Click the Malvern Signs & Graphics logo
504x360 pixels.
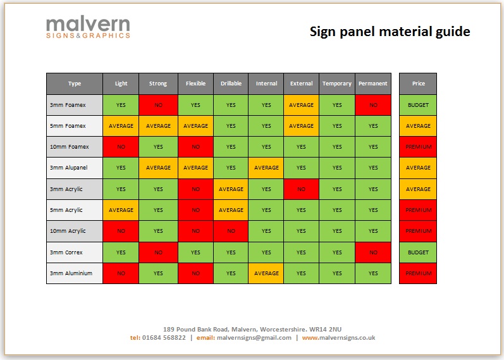pyautogui.click(x=88, y=28)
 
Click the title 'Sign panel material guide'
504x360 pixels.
pyautogui.click(x=390, y=31)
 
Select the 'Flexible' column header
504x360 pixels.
pyautogui.click(x=195, y=84)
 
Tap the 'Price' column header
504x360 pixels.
pyautogui.click(x=418, y=84)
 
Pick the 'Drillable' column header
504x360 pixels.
pyautogui.click(x=231, y=84)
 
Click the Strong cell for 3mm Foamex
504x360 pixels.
pyautogui.click(x=158, y=105)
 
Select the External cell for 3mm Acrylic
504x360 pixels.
pyautogui.click(x=301, y=189)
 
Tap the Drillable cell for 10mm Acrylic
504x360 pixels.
pyautogui.click(x=231, y=231)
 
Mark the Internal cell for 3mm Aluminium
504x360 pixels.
pyautogui.click(x=266, y=273)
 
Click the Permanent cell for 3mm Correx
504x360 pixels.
pyautogui.click(x=373, y=252)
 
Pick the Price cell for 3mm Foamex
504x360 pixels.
pyautogui.click(x=418, y=105)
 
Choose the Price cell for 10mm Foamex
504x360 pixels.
pyautogui.click(x=418, y=147)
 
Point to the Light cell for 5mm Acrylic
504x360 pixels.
pyautogui.click(x=121, y=210)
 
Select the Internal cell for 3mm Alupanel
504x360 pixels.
pyautogui.click(x=266, y=168)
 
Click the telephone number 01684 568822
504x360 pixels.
pyautogui.click(x=164, y=338)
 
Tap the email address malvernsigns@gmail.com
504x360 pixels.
pyautogui.click(x=254, y=338)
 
